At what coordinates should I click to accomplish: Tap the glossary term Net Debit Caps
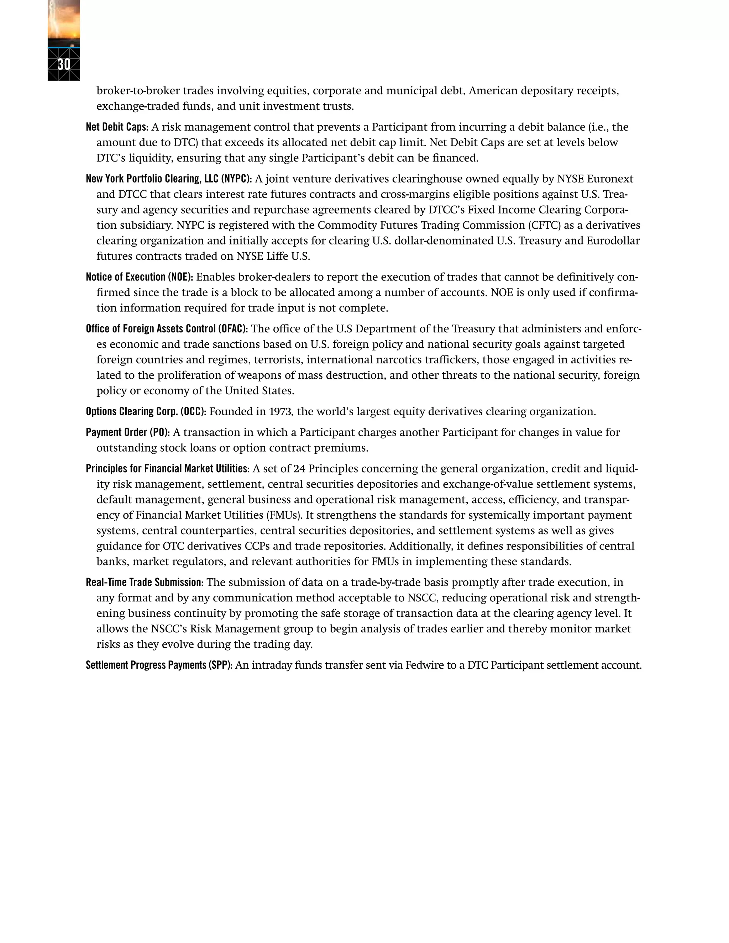click(117, 127)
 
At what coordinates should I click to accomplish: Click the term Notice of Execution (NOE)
click(139, 277)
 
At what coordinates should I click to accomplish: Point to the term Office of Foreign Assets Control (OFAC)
click(167, 329)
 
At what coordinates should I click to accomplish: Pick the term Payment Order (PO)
click(127, 433)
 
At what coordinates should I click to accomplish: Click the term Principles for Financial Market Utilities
click(168, 469)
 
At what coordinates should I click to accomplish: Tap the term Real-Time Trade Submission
click(144, 583)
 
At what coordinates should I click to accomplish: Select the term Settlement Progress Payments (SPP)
click(159, 665)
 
